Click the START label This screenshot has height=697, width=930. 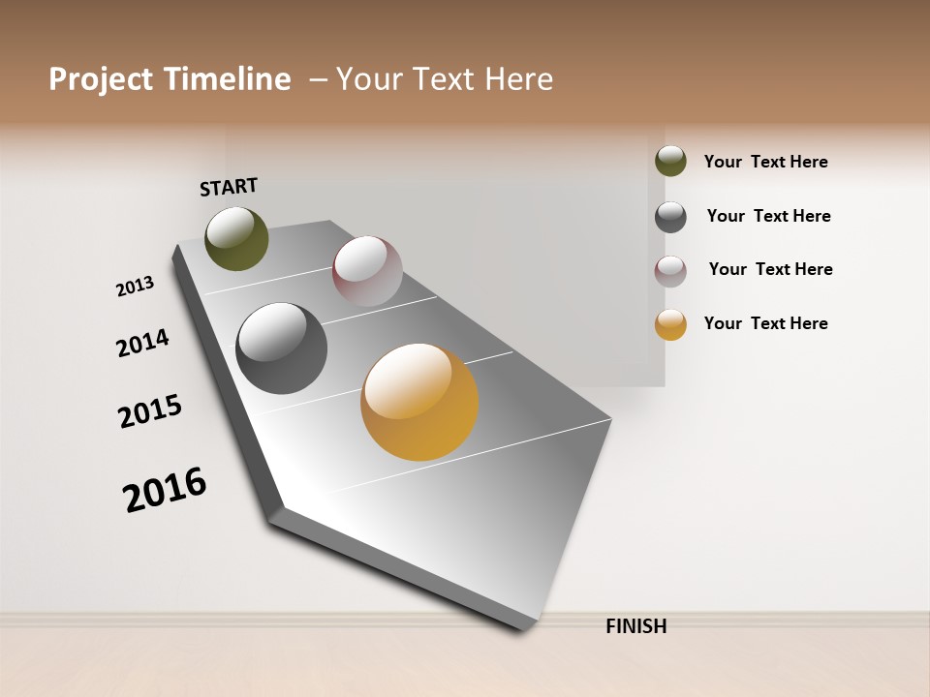click(x=229, y=187)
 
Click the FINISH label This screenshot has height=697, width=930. click(x=636, y=626)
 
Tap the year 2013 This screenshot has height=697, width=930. click(x=135, y=287)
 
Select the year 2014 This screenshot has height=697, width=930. click(x=142, y=343)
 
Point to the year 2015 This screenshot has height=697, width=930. click(x=150, y=410)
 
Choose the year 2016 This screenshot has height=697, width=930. click(x=165, y=489)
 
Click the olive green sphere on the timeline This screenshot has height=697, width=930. click(x=236, y=238)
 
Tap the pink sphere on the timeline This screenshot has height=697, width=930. click(x=367, y=270)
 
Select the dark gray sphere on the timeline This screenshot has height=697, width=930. click(x=282, y=348)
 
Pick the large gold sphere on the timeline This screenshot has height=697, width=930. click(x=419, y=402)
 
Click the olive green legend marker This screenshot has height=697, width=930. click(x=670, y=161)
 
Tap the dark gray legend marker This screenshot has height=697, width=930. click(x=670, y=217)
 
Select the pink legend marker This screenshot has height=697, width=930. click(x=670, y=271)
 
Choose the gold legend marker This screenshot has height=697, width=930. click(x=670, y=324)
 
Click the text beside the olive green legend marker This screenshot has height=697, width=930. click(x=765, y=162)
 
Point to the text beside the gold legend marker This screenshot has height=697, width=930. click(x=765, y=323)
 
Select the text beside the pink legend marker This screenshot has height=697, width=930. click(x=770, y=269)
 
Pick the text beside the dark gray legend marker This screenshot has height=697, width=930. click(x=768, y=216)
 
